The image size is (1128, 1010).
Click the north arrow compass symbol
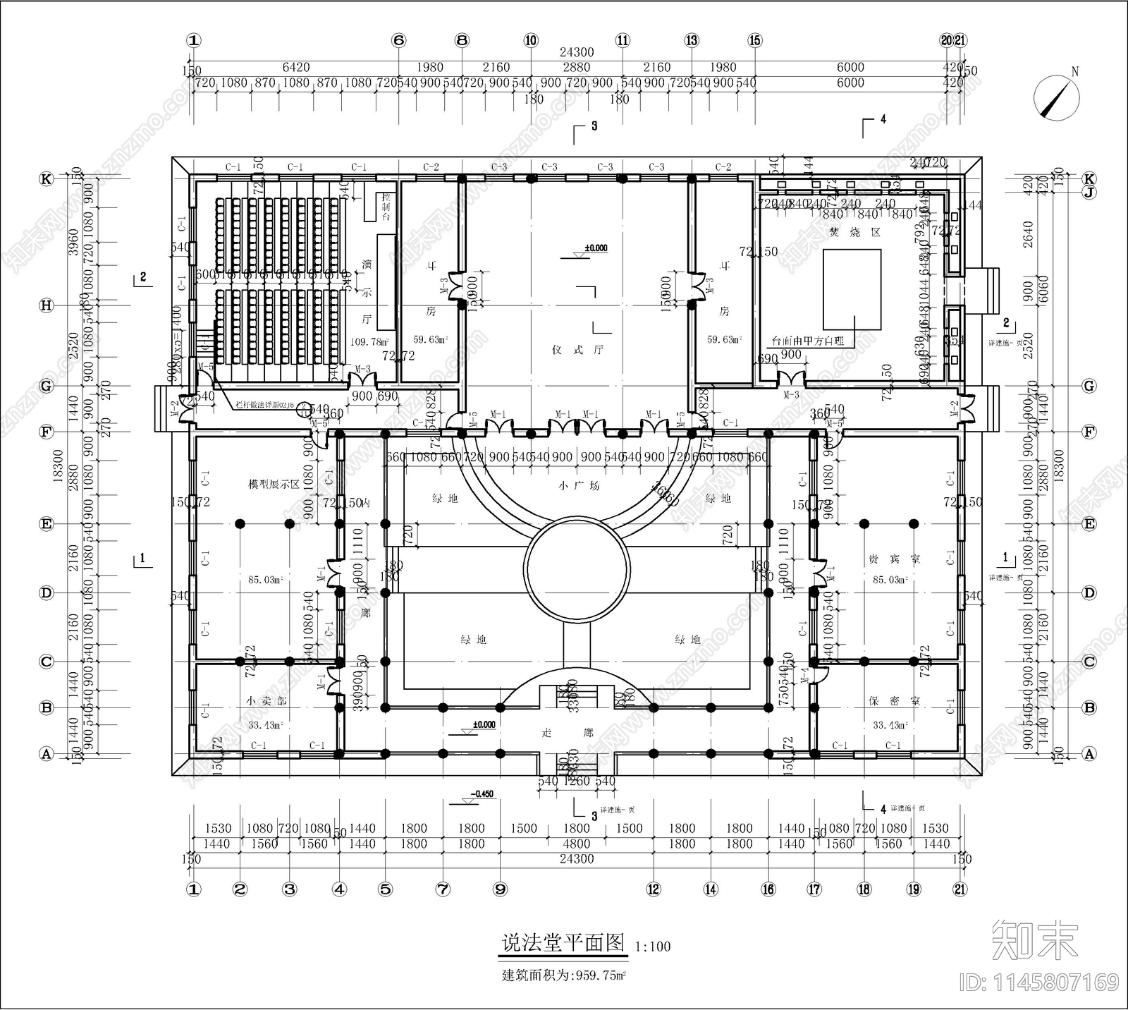point(1056,98)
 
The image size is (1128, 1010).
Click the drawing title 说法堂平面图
point(563,944)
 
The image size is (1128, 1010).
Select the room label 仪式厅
point(578,350)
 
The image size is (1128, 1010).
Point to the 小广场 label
point(578,485)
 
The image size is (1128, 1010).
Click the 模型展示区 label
point(274,485)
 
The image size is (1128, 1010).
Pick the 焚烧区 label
point(854,232)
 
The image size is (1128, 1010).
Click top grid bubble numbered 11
point(623,41)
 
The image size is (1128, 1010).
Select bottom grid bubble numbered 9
point(500,889)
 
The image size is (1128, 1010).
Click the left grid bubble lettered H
point(47,305)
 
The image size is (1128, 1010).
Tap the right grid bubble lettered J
point(1089,192)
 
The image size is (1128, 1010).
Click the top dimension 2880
point(576,68)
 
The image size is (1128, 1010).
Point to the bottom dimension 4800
point(576,844)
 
